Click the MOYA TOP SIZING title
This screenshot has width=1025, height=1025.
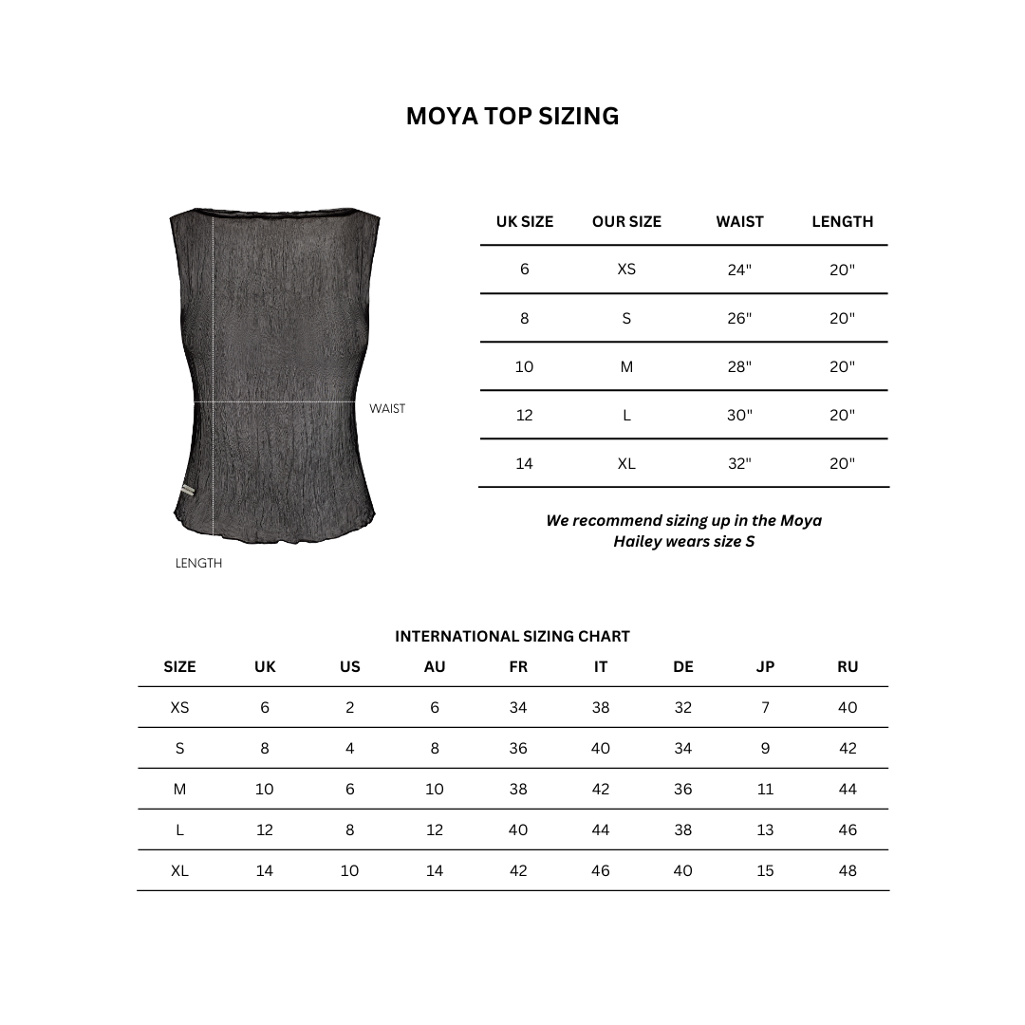coord(512,116)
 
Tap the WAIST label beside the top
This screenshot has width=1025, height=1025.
coord(387,409)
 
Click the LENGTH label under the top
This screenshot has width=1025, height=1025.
coord(198,564)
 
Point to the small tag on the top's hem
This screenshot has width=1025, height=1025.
coord(186,490)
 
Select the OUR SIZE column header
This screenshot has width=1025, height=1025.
coord(626,222)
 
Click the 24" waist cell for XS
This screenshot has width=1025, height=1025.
coord(739,270)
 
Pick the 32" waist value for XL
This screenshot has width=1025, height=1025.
coord(739,464)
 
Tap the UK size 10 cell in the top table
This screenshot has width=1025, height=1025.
coord(524,367)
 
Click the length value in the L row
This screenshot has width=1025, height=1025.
coord(842,416)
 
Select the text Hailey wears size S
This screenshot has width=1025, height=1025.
coord(683,542)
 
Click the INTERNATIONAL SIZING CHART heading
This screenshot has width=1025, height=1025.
coord(512,637)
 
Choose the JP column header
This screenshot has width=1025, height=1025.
coord(765,667)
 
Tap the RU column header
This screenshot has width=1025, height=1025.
coord(848,667)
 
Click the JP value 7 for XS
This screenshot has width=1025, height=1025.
coord(765,708)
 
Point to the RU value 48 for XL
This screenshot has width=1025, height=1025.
coord(848,871)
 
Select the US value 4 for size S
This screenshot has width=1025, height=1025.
coord(349,749)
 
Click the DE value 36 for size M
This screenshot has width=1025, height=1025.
coord(683,790)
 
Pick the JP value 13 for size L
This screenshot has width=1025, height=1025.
coord(765,830)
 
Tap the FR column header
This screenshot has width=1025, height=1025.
coord(518,667)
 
